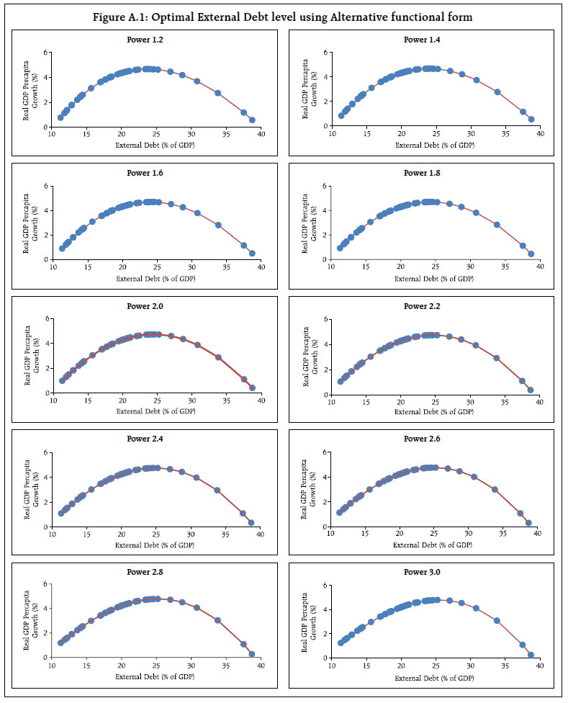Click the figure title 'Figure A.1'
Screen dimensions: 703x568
283,17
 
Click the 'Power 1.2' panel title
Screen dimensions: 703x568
140,40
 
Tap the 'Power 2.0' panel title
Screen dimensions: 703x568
140,306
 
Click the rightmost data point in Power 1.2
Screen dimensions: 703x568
251,120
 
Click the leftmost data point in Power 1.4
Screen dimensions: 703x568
341,115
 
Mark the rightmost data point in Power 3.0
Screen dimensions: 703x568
531,655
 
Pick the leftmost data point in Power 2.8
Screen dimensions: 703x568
61,642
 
